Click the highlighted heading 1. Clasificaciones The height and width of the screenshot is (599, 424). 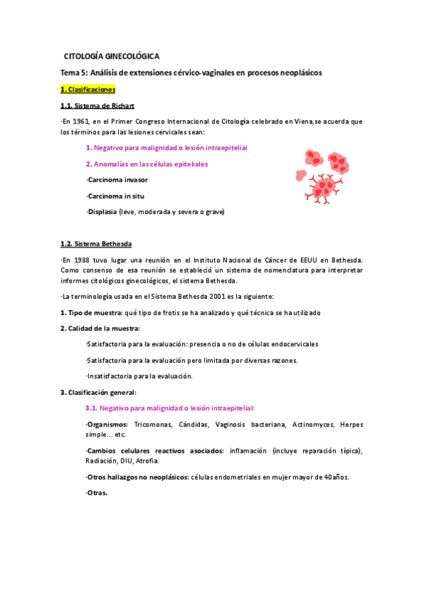[88, 90]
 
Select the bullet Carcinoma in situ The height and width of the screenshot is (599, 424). [115, 196]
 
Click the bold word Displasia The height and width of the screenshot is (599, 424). [104, 211]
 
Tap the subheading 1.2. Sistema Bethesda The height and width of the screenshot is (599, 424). [96, 244]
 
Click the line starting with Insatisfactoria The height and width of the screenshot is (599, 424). [139, 376]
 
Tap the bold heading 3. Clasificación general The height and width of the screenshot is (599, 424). [98, 392]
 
